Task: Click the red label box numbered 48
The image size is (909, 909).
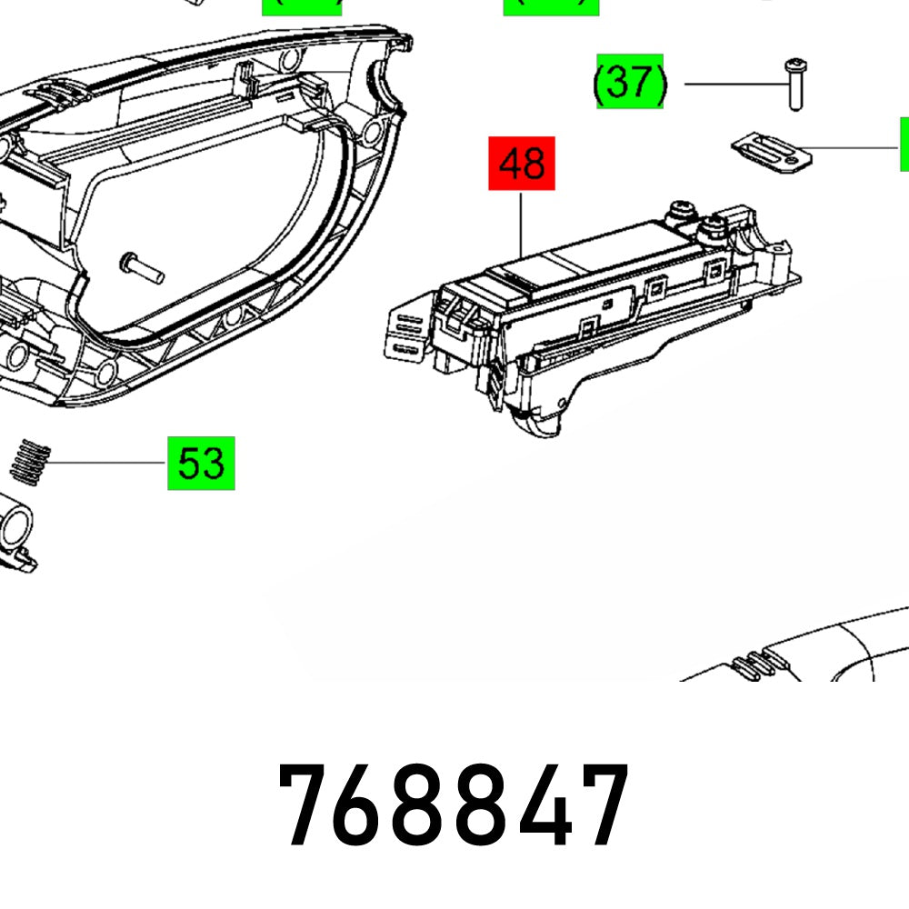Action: click(x=522, y=164)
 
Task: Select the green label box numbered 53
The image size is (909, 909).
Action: click(x=201, y=463)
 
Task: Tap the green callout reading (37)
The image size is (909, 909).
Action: click(x=630, y=82)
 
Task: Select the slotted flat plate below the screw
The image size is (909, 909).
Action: click(x=772, y=151)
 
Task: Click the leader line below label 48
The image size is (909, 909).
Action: click(x=521, y=223)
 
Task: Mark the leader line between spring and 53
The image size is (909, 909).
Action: click(x=105, y=463)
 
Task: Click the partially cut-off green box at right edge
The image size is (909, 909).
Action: click(x=904, y=145)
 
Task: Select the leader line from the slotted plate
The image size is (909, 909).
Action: click(x=854, y=147)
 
